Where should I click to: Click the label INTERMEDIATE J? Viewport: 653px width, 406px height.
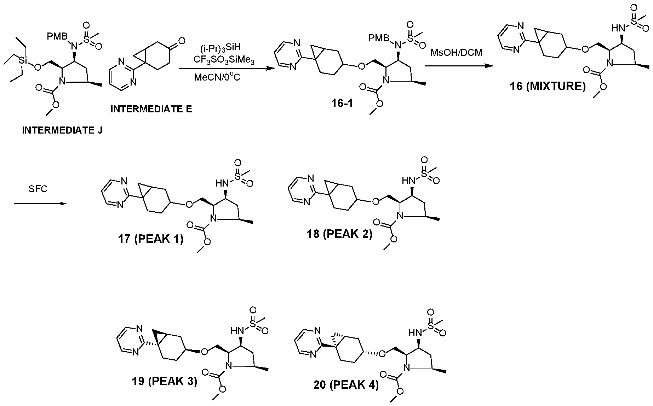(62, 130)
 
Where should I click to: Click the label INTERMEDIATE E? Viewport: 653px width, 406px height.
(151, 109)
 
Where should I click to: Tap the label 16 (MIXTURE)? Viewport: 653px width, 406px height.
(548, 86)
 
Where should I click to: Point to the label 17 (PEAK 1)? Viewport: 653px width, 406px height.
(151, 240)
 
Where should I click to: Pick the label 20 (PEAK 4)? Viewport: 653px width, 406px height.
(346, 385)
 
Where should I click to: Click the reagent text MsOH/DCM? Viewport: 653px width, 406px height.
(456, 53)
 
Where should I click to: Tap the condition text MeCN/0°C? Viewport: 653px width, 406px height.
(217, 76)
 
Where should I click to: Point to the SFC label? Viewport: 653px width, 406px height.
(38, 189)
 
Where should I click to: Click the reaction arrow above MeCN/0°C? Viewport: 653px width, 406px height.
(223, 69)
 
